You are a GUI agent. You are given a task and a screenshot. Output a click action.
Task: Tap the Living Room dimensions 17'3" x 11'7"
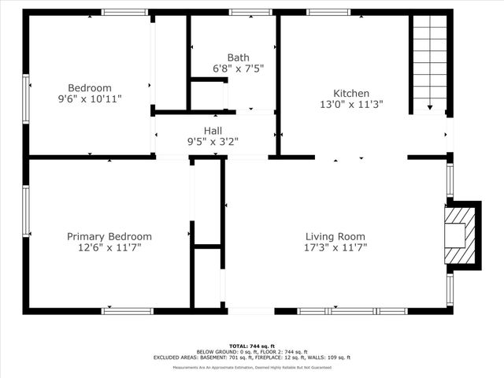click(335, 247)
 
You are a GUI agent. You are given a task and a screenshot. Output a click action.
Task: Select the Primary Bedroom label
click(109, 236)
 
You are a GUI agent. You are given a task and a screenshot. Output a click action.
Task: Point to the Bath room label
click(238, 57)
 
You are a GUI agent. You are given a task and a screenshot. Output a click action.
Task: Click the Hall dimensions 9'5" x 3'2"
click(213, 143)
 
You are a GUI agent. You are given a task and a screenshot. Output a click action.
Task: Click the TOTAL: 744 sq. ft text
click(252, 346)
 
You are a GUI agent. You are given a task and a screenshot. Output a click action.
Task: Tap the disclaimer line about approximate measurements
click(252, 368)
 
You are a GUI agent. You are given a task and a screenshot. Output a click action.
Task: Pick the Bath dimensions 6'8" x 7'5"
click(238, 69)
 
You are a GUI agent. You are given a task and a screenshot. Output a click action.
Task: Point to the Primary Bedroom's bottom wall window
click(128, 311)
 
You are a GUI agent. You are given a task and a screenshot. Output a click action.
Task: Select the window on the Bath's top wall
click(251, 13)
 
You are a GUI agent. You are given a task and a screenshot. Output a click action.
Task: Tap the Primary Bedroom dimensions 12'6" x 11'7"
click(109, 247)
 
